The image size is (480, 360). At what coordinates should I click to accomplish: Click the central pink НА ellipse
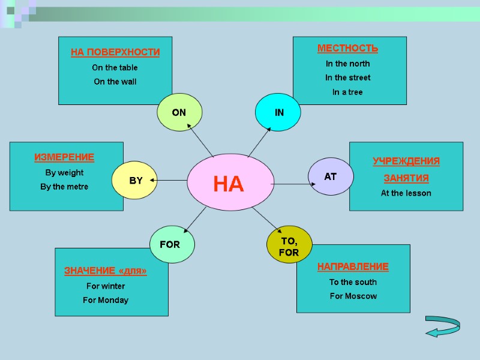pyautogui.click(x=229, y=183)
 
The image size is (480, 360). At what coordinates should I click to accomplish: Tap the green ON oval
pyautogui.click(x=179, y=112)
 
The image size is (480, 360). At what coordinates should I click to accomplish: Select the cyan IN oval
pyautogui.click(x=278, y=112)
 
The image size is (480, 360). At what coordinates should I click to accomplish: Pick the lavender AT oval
pyautogui.click(x=331, y=176)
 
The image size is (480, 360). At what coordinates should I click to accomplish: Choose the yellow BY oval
pyautogui.click(x=135, y=180)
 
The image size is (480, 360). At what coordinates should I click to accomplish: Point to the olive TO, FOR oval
pyautogui.click(x=289, y=245)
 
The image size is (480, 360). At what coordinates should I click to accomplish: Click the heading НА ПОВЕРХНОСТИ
pyautogui.click(x=115, y=52)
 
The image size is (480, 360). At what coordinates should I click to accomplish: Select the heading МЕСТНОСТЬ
pyautogui.click(x=347, y=48)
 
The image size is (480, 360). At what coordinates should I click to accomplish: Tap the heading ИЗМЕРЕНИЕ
pyautogui.click(x=64, y=157)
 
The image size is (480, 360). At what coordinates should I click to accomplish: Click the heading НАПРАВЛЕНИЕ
pyautogui.click(x=353, y=266)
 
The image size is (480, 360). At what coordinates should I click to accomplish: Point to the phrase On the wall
pyautogui.click(x=115, y=82)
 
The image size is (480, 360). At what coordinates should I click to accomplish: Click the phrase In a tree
pyautogui.click(x=347, y=92)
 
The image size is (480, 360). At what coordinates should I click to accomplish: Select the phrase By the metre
pyautogui.click(x=64, y=187)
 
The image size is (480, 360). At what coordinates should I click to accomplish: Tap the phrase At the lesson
pyautogui.click(x=406, y=193)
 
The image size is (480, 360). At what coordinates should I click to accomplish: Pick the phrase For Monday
pyautogui.click(x=106, y=300)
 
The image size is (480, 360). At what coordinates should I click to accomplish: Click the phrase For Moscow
pyautogui.click(x=353, y=296)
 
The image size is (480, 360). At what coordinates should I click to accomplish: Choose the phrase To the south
pyautogui.click(x=353, y=282)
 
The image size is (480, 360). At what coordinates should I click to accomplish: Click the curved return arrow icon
pyautogui.click(x=442, y=326)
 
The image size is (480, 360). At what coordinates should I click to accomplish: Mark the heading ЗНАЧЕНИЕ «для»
pyautogui.click(x=106, y=271)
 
